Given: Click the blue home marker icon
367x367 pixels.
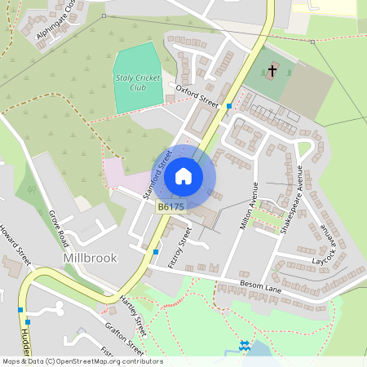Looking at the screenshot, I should [x=183, y=175].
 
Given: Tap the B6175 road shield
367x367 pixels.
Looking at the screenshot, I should [x=171, y=208].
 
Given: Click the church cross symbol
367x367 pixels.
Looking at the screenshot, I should [x=273, y=71].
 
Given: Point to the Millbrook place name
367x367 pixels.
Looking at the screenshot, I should [x=90, y=258].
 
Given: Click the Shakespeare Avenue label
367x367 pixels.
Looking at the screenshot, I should [x=290, y=200].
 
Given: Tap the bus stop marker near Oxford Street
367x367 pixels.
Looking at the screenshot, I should [x=229, y=106].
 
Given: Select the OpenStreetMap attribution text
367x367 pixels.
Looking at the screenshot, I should [x=82, y=361].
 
